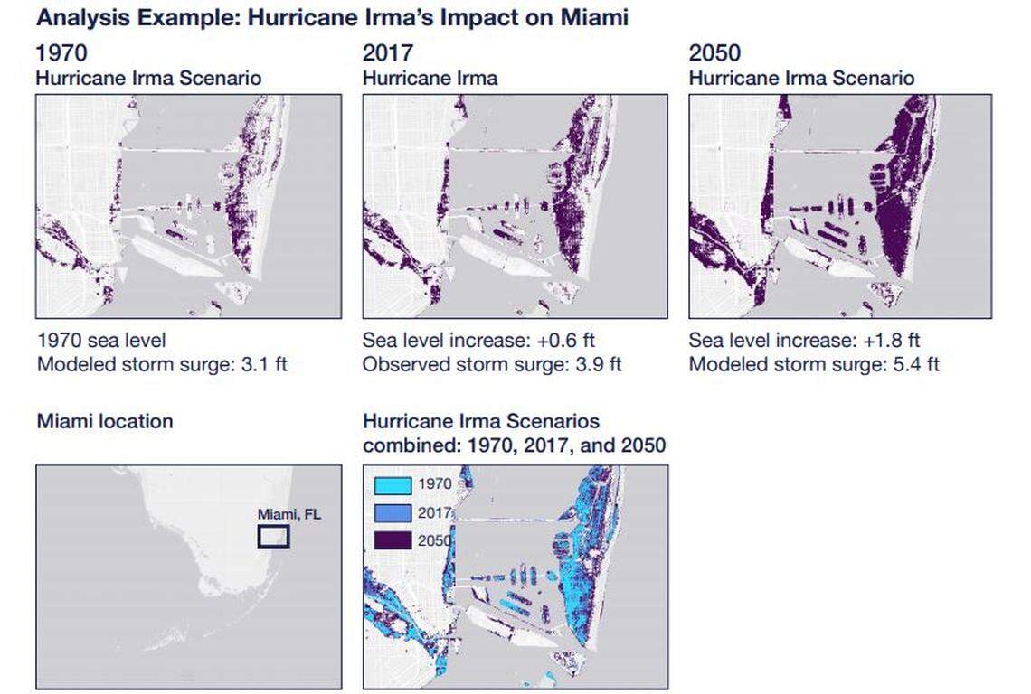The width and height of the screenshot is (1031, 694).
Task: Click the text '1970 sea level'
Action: [x=100, y=341]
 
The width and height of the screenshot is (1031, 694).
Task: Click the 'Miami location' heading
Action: [x=104, y=421]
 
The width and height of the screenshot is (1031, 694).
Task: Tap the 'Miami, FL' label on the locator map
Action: [x=288, y=514]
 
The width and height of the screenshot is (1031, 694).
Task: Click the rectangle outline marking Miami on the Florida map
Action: [x=273, y=536]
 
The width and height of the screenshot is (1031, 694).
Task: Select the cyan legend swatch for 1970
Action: [x=393, y=484]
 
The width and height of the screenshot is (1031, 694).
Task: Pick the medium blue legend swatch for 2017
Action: [x=393, y=512]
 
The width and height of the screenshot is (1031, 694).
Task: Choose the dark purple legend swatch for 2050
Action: [x=393, y=540]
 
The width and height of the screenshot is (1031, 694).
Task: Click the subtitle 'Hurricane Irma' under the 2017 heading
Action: [x=430, y=78]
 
